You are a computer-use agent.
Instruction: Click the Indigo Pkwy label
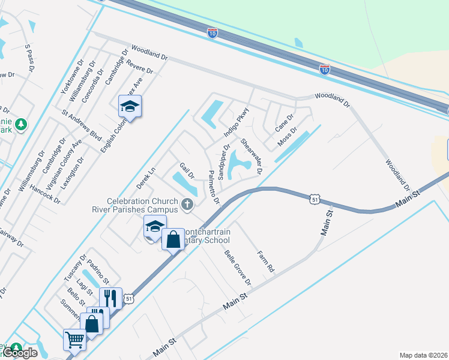coord(236,122)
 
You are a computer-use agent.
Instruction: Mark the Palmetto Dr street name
coord(214,187)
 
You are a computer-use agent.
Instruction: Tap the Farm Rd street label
coord(265,261)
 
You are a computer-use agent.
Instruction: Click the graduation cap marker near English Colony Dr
coord(130,106)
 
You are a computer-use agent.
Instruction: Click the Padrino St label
coord(97,272)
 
